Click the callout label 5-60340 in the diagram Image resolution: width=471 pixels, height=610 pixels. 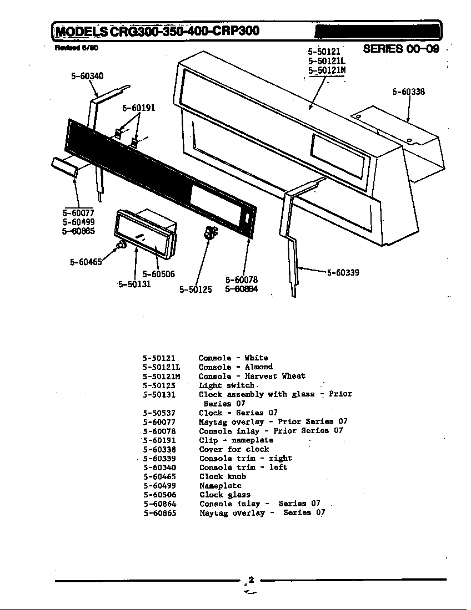click(87, 77)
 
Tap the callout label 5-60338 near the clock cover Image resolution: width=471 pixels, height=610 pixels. click(408, 91)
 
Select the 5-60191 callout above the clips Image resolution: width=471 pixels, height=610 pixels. click(138, 108)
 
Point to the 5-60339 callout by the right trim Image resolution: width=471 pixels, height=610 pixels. click(342, 272)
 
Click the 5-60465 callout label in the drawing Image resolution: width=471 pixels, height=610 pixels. click(86, 262)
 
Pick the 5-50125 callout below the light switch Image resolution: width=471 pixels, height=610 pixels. click(196, 289)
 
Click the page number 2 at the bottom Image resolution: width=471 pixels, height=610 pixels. click(251, 580)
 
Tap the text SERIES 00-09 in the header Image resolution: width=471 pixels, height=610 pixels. click(401, 49)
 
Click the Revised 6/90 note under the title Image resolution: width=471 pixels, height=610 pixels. click(77, 48)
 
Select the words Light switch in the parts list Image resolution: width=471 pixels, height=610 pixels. click(227, 385)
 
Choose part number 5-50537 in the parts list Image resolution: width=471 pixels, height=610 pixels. click(159, 413)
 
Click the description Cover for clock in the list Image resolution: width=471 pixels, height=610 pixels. click(234, 449)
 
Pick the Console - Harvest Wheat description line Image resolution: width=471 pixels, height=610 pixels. click(252, 376)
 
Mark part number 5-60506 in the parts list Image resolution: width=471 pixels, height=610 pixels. click(159, 495)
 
